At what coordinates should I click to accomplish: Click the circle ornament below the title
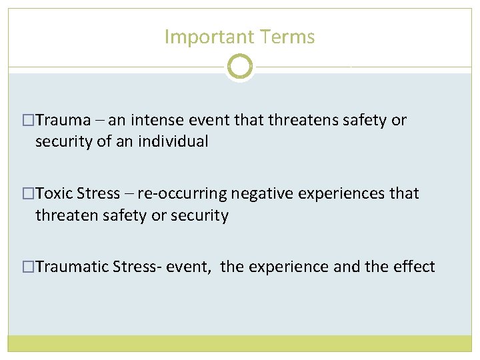click(x=240, y=67)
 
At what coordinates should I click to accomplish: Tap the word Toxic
click(x=54, y=193)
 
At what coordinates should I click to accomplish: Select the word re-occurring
click(x=181, y=193)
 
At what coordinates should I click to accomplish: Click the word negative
click(x=261, y=193)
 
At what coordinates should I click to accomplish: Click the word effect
click(x=412, y=267)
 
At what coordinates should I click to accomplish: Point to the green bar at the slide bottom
click(x=240, y=343)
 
